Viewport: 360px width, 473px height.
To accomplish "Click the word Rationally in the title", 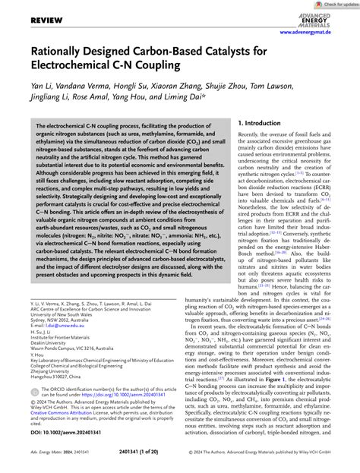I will (x=56, y=75).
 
